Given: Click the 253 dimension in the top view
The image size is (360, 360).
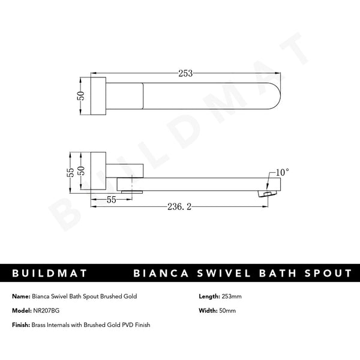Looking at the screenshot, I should (x=185, y=73).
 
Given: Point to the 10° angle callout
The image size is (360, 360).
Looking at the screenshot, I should (x=281, y=172).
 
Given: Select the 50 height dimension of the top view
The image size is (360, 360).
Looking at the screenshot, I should (x=82, y=96).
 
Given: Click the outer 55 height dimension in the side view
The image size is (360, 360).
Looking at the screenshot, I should (x=71, y=172).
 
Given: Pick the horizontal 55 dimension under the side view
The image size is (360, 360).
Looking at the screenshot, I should (x=111, y=199).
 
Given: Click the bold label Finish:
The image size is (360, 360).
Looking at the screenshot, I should (x=22, y=325).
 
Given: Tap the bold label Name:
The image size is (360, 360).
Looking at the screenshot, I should (x=21, y=296).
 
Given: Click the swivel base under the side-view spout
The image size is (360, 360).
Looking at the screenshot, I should (x=131, y=191).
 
